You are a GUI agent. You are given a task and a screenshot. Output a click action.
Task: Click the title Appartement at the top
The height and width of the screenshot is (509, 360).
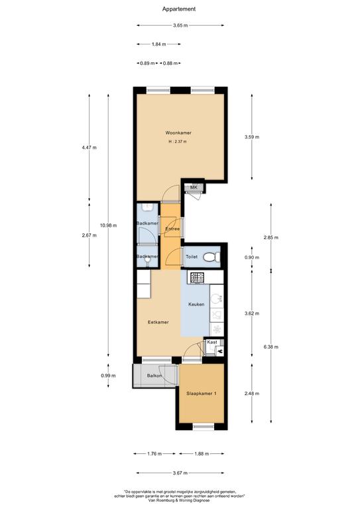point(179,9)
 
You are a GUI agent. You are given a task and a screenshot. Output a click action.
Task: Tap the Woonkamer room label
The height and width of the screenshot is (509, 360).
point(178,133)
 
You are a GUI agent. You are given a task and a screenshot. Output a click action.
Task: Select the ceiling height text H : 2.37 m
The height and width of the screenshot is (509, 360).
point(178,142)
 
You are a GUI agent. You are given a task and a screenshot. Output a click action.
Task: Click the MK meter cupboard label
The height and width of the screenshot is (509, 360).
point(194,188)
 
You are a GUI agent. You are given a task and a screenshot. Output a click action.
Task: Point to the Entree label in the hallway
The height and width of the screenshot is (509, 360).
point(172,229)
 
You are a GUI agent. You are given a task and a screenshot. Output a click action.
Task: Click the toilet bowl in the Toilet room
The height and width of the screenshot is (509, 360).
point(211,257)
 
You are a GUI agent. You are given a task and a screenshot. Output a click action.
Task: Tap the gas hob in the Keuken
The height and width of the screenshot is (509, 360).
point(198,278)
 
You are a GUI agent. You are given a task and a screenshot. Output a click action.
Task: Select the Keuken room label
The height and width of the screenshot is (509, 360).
point(196,304)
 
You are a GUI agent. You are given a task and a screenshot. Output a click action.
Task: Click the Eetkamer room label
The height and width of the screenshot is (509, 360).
point(158,322)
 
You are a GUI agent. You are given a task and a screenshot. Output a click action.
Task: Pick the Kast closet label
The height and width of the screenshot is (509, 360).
point(212,342)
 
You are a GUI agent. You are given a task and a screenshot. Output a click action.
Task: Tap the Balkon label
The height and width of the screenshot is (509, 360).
point(154,376)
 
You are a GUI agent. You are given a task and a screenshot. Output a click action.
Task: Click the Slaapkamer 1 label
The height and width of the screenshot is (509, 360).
point(202,394)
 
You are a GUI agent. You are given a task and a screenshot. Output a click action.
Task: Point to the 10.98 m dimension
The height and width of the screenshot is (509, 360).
point(109,225)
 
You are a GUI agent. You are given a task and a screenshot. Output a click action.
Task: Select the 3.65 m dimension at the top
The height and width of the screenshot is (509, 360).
point(180,25)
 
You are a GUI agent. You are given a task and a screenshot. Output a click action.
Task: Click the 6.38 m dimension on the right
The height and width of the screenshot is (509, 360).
point(270,347)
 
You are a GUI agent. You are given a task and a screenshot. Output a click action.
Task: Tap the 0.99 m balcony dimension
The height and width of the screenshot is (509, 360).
point(108,376)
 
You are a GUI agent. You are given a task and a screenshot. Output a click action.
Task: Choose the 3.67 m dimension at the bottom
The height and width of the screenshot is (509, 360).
point(180,473)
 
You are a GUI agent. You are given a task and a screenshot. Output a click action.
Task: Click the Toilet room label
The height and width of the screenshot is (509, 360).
point(192,256)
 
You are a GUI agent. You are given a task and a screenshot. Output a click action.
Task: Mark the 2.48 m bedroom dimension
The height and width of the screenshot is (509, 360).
point(252,394)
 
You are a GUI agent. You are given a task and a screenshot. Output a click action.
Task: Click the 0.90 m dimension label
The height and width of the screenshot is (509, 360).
point(252,257)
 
